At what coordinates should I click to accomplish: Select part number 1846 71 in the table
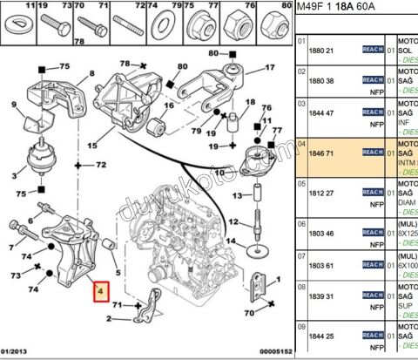[323, 152]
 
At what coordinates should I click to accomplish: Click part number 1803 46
[323, 234]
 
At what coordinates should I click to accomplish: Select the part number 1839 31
[323, 296]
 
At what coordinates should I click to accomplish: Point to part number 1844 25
[323, 335]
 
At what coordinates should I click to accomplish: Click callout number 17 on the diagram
[270, 66]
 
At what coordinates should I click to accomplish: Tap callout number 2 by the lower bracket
[108, 319]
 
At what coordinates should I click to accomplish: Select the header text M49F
[314, 9]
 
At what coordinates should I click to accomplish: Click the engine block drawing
[187, 244]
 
